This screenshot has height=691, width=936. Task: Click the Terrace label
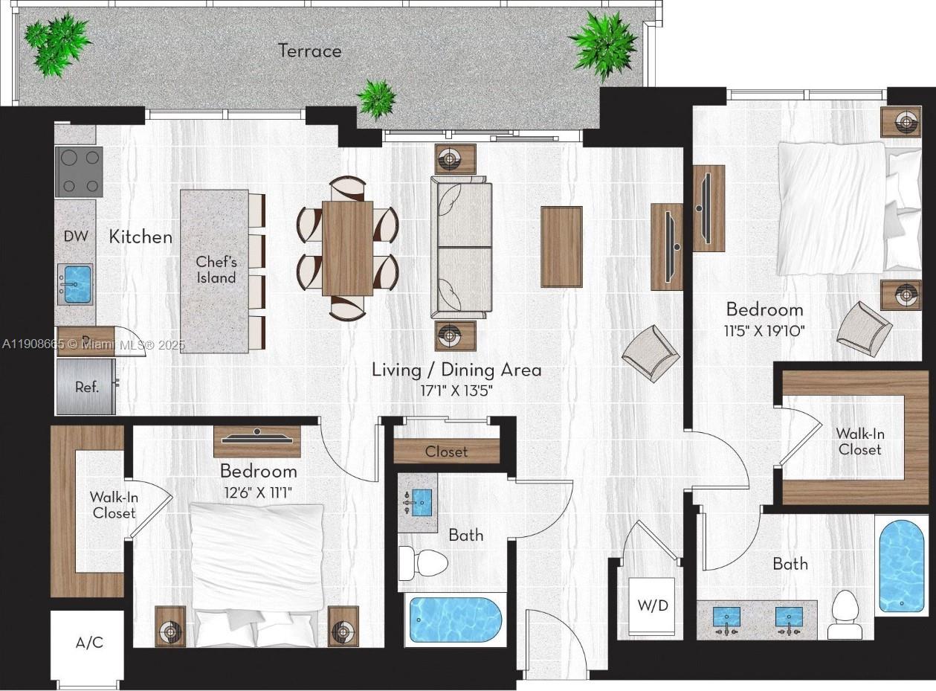310,51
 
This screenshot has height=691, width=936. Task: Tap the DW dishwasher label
76,237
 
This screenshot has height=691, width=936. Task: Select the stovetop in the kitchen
79,172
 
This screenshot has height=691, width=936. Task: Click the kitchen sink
75,284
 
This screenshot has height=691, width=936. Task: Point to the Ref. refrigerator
86,387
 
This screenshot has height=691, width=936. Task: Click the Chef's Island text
216,270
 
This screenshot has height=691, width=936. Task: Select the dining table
347,248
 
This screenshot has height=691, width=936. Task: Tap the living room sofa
461,247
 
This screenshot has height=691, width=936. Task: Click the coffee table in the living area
561,246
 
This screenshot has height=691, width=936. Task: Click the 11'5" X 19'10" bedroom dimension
764,330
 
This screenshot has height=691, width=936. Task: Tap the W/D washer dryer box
653,605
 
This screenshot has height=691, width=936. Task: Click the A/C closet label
89,643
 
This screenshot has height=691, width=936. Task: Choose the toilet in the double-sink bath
845,616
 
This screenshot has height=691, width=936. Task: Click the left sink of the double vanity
726,617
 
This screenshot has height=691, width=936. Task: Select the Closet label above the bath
446,451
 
